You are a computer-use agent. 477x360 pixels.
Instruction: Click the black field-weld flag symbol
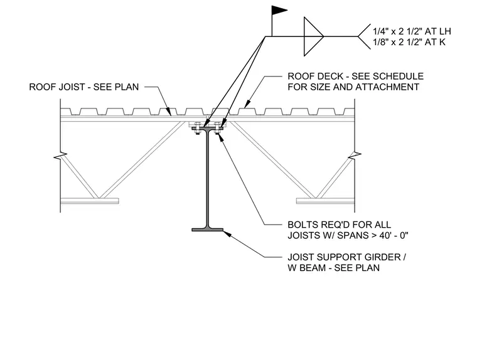click(279, 10)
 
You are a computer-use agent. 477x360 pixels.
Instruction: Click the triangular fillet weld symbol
click(313, 36)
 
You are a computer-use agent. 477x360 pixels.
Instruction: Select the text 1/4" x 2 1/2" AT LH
click(412, 31)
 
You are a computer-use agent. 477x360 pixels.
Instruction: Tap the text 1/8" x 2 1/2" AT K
click(409, 42)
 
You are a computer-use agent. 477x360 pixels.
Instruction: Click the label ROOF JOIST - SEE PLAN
click(84, 87)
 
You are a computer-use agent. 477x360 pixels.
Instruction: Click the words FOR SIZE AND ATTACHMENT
click(353, 87)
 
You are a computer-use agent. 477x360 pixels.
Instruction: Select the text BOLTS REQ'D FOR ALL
click(339, 225)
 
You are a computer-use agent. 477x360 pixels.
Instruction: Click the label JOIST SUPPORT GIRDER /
click(347, 257)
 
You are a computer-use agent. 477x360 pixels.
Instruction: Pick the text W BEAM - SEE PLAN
click(333, 268)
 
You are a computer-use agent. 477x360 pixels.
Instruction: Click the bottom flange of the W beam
click(208, 230)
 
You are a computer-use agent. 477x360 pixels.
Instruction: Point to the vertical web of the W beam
click(208, 179)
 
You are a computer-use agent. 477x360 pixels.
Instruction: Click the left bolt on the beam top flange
click(197, 128)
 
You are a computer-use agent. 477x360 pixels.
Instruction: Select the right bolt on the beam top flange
click(217, 128)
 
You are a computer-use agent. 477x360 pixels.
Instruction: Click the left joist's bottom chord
click(90, 201)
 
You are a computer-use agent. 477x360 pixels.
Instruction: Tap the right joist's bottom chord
click(326, 201)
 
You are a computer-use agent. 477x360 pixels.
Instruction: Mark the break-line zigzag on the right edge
click(355, 156)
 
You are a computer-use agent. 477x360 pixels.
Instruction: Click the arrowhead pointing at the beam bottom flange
click(227, 234)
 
